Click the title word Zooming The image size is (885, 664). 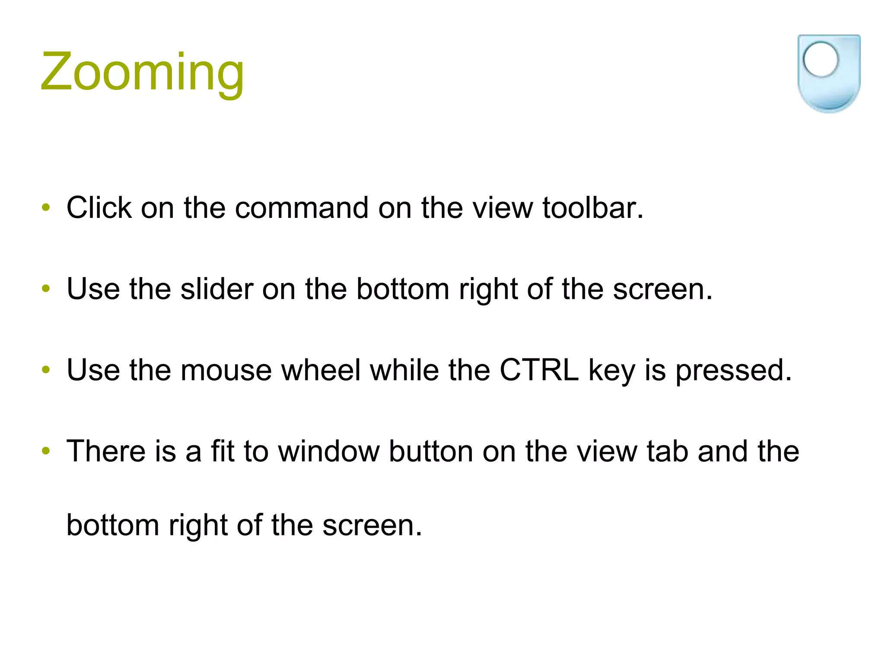pos(142,73)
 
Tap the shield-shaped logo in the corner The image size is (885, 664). pos(828,73)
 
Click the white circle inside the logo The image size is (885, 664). pos(820,60)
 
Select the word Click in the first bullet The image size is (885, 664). pos(99,208)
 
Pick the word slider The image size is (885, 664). pos(216,289)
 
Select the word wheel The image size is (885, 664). pos(321,370)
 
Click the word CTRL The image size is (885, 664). pos(539,370)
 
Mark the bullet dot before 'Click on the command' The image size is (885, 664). pos(46,207)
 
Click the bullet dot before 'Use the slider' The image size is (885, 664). pos(46,289)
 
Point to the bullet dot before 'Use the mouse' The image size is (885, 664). pos(46,370)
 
